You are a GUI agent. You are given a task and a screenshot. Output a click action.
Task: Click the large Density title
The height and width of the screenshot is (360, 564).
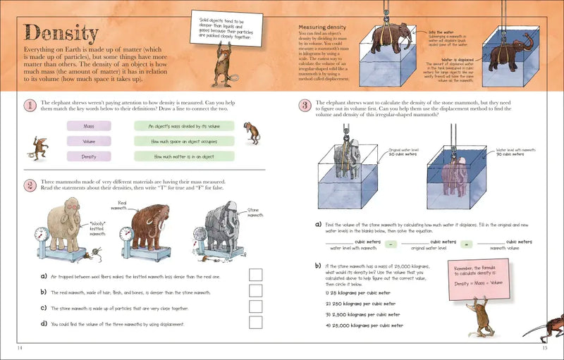61,32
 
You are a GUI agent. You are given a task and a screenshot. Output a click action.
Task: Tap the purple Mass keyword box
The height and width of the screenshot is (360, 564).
89,126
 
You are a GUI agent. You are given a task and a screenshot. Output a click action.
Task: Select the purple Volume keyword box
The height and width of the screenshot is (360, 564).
89,141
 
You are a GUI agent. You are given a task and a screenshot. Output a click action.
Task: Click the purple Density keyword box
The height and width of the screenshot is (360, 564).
89,156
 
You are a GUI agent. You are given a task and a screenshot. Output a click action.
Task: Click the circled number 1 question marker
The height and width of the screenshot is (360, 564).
30,106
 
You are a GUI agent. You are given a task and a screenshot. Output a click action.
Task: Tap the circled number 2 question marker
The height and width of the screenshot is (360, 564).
30,185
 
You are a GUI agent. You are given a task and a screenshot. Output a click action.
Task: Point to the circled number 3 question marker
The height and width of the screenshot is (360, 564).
304,106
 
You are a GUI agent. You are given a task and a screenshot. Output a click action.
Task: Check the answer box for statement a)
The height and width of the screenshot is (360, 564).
255,275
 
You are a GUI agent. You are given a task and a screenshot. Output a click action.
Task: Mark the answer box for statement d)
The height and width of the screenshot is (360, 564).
255,323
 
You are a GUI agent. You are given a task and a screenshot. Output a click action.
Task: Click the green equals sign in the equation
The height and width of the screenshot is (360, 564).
465,244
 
